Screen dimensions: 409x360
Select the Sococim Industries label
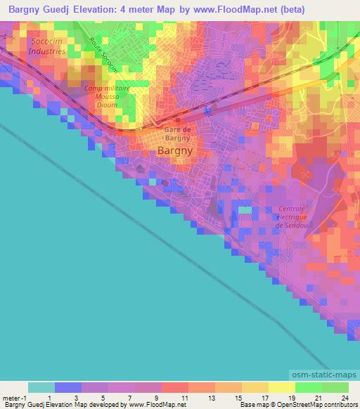tap(48, 47)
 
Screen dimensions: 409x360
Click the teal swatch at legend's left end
tap(41, 387)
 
